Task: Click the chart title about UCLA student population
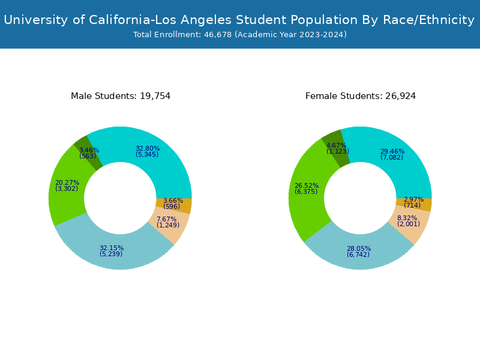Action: (239, 20)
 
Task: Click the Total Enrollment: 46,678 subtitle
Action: (239, 35)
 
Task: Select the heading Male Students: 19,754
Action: (121, 96)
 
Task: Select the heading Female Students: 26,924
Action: (361, 96)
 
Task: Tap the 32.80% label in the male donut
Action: (147, 149)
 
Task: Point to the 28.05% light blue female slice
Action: (358, 252)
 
